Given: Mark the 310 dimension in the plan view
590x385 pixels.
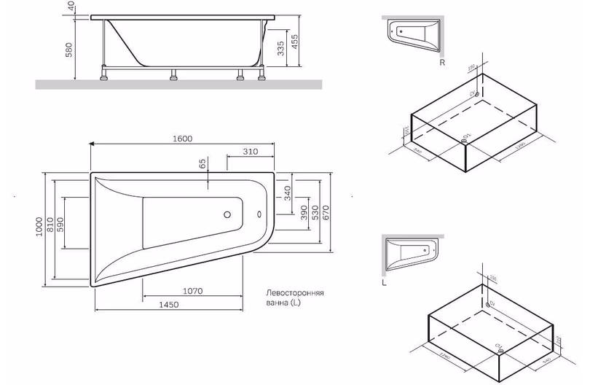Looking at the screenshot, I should [250, 152].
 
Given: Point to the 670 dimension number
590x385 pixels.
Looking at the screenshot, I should [326, 211].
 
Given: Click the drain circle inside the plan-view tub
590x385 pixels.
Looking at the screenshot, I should [227, 215].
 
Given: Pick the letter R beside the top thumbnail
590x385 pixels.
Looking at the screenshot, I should [442, 63].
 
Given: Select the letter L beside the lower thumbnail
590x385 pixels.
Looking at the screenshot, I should [382, 279].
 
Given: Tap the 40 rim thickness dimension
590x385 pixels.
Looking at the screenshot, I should [70, 7].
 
